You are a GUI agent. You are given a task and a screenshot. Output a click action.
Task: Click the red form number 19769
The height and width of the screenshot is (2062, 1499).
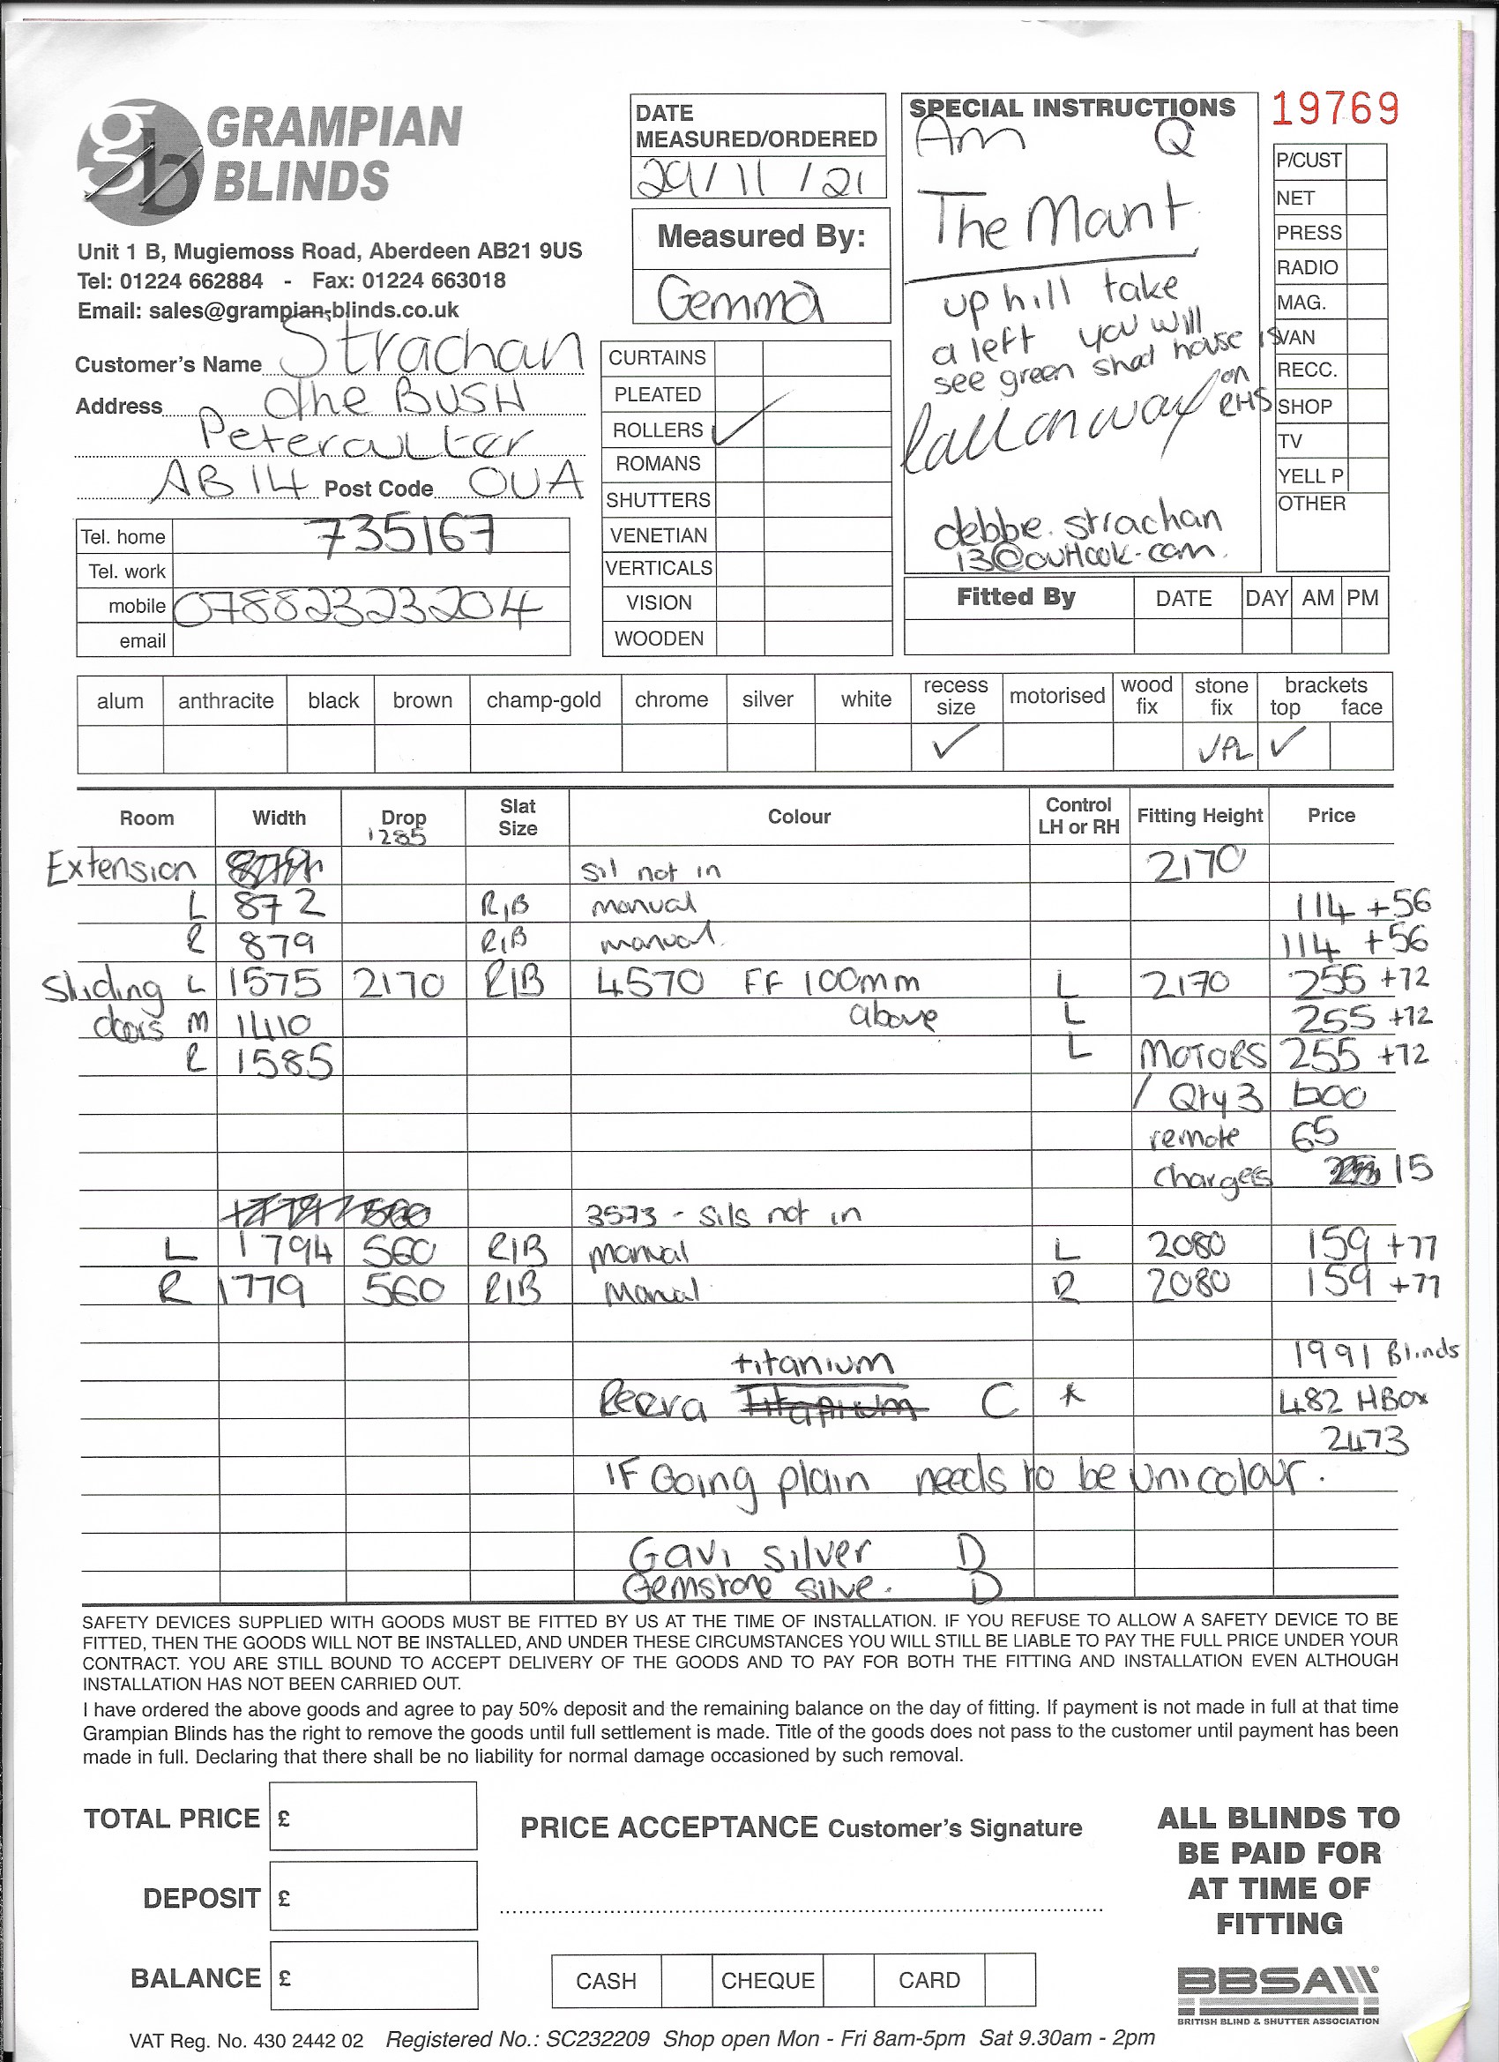click(x=1333, y=110)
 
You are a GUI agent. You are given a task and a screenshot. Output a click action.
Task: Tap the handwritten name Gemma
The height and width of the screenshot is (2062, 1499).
click(x=740, y=299)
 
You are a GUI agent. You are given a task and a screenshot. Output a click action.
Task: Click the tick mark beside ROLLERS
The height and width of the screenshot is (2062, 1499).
click(x=751, y=419)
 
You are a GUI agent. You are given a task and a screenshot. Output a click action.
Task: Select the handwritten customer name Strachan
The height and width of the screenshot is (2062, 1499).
click(x=429, y=350)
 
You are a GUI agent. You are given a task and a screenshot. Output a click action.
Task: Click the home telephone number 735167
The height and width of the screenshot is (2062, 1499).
click(x=406, y=536)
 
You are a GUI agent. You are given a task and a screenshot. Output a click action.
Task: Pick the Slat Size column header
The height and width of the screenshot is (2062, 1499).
click(x=518, y=817)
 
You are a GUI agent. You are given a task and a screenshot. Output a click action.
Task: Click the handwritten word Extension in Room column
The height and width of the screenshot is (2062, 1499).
click(x=121, y=868)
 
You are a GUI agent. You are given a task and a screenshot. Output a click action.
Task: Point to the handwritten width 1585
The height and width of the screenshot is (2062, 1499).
click(x=284, y=1061)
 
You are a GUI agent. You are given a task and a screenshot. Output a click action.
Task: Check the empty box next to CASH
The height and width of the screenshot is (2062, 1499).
click(x=685, y=1979)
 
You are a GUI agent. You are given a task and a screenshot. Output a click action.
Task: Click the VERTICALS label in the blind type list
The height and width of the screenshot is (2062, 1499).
click(x=659, y=568)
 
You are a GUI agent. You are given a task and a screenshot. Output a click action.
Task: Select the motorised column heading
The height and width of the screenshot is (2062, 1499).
click(x=1056, y=697)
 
